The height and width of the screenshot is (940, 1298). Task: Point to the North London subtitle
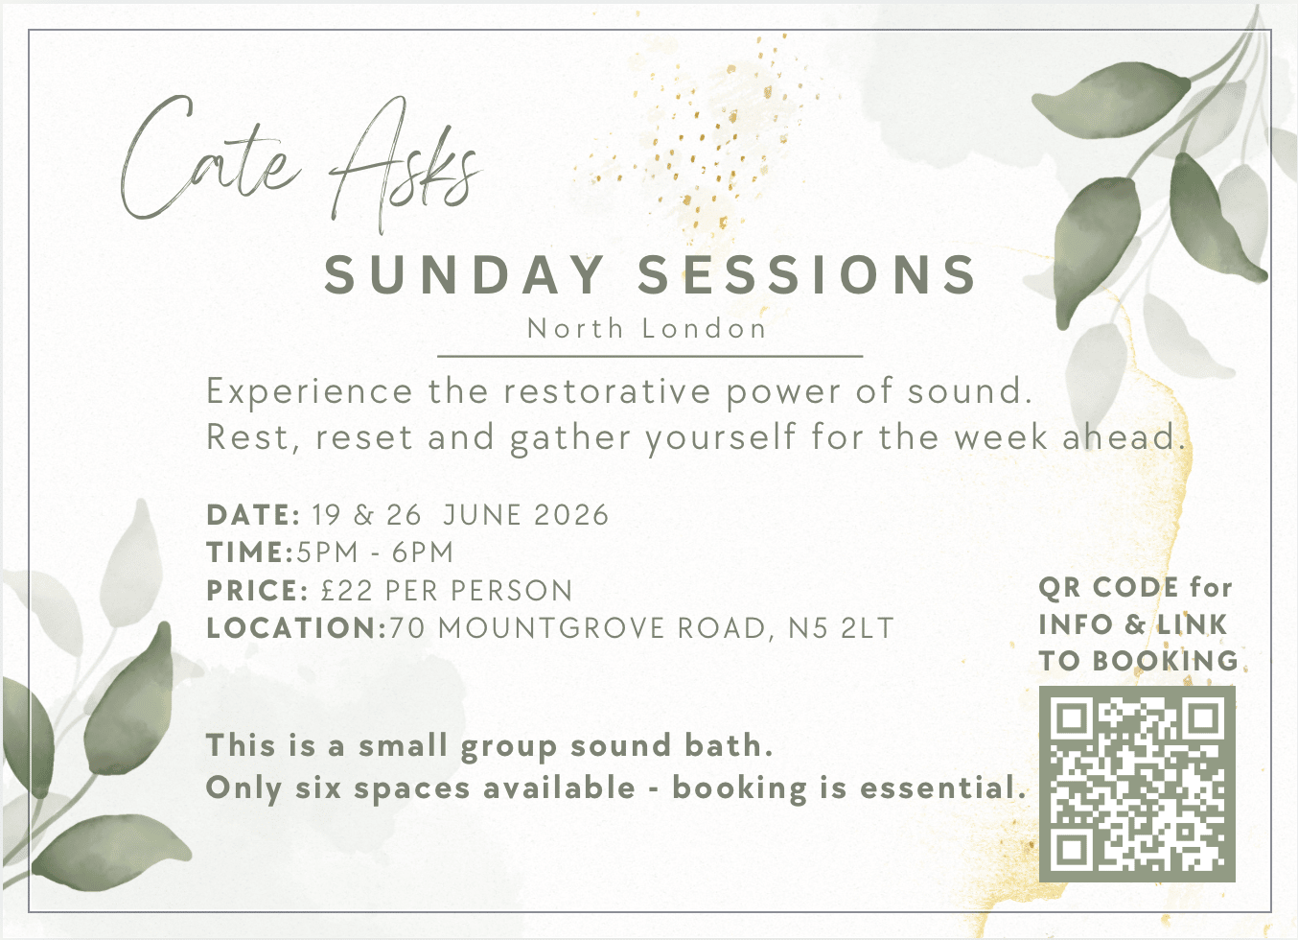[x=647, y=329]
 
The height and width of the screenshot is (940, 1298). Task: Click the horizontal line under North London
[x=650, y=356]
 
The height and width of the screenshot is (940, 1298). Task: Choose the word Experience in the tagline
[x=310, y=392]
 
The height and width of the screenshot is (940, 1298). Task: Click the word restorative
[x=607, y=391]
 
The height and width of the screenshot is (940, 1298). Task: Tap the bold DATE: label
[x=253, y=515]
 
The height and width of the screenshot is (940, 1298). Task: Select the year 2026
[x=571, y=515]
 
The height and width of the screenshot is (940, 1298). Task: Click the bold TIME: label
[x=250, y=552]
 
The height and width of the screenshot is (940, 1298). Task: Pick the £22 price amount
[x=346, y=590]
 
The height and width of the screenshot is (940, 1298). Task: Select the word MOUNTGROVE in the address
[x=550, y=628]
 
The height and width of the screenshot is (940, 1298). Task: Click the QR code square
[x=1137, y=784]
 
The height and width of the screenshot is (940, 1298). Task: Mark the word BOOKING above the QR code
[x=1165, y=661]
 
